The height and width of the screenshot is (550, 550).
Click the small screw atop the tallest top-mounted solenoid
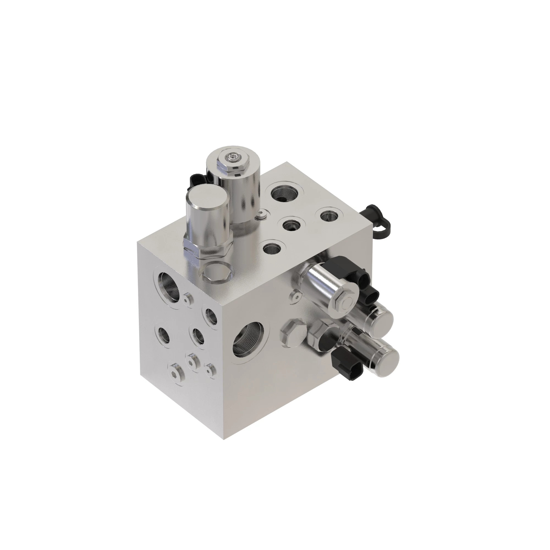click(x=233, y=156)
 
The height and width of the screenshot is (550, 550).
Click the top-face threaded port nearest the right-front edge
click(x=273, y=250)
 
